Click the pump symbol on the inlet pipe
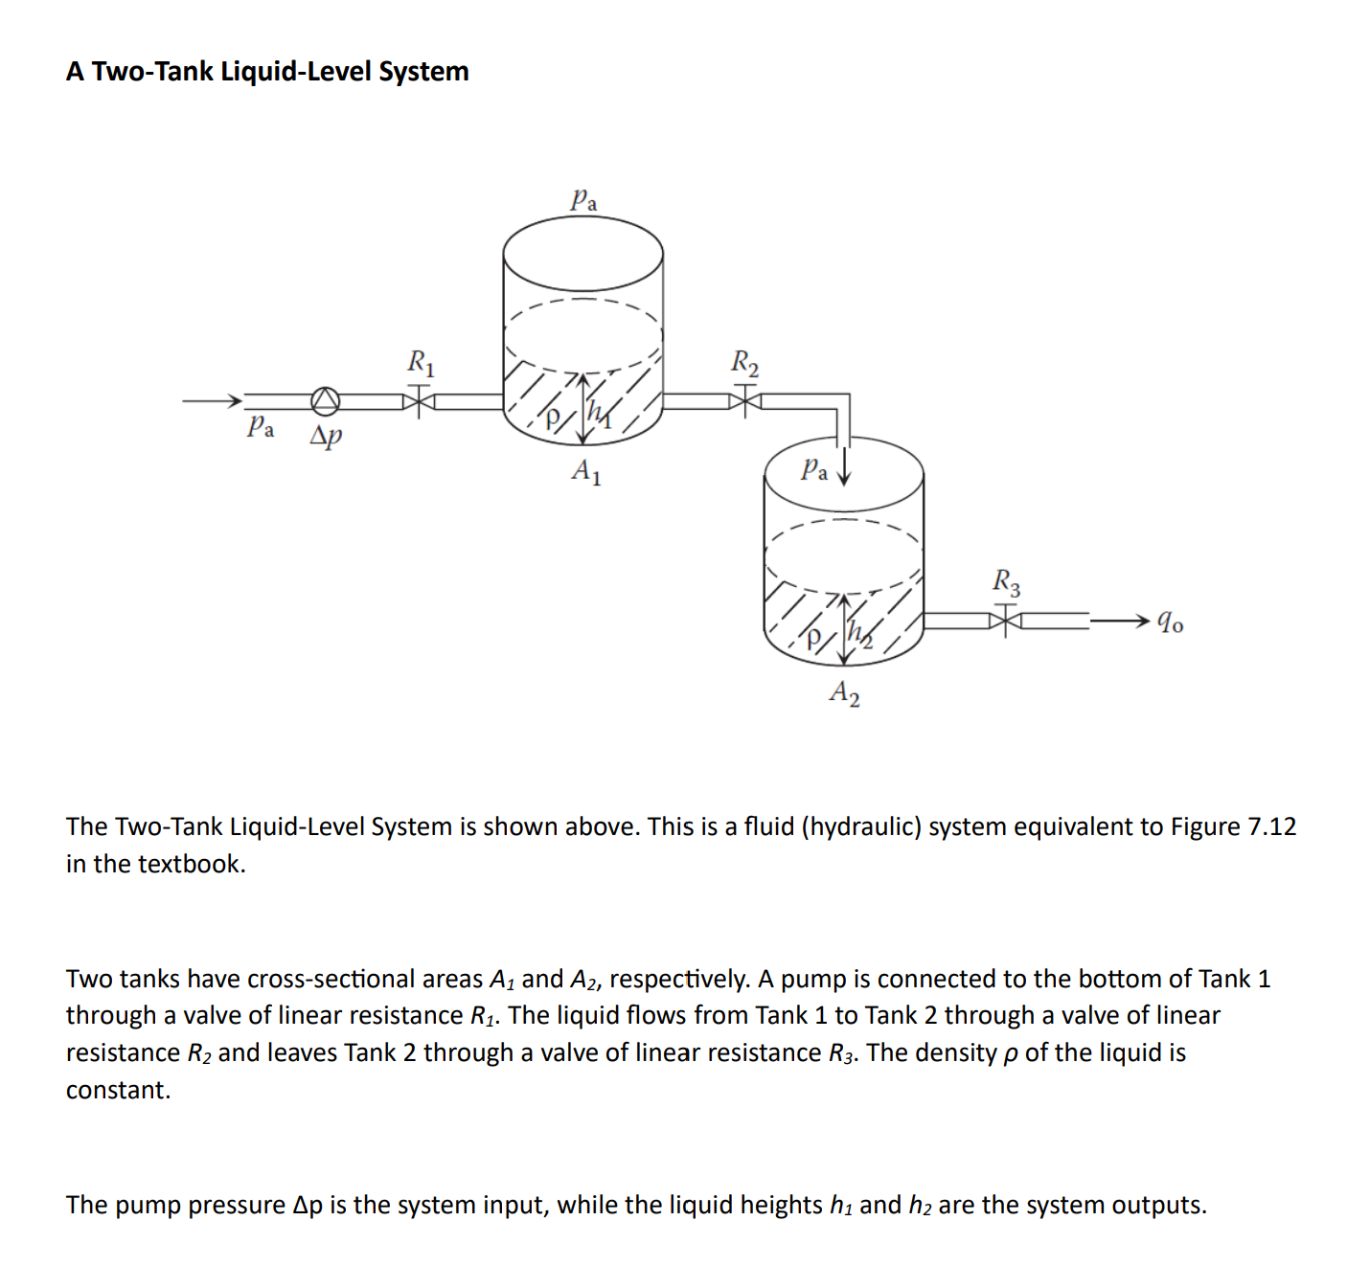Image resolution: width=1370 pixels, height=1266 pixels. (x=326, y=400)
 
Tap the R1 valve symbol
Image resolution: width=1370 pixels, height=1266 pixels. (x=419, y=400)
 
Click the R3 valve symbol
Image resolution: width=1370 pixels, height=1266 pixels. (x=1006, y=621)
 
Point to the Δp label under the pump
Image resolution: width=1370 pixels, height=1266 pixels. (x=326, y=436)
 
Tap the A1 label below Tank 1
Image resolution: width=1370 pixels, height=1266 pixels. (x=586, y=471)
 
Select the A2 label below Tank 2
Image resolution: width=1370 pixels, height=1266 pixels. (x=844, y=691)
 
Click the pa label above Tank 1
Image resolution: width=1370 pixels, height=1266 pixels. (x=583, y=199)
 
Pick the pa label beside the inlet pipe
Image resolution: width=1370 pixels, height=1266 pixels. (x=261, y=426)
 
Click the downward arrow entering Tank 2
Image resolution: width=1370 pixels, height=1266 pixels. (x=843, y=471)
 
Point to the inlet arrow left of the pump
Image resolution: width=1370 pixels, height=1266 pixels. (x=211, y=400)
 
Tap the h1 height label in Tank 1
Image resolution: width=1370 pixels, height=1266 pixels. (x=599, y=413)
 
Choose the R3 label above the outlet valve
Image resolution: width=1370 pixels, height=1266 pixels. (x=1006, y=581)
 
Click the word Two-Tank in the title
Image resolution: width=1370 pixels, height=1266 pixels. (x=152, y=72)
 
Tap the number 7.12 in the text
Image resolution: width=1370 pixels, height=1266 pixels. (x=1271, y=826)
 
